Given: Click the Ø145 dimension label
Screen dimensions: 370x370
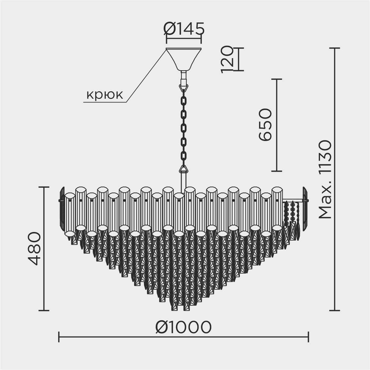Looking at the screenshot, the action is pos(184,29).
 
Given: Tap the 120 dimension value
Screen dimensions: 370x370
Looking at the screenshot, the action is pos(227,59).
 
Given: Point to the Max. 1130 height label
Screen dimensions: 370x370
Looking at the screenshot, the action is pos(325,179).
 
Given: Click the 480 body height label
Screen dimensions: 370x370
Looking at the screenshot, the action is pos(34,249).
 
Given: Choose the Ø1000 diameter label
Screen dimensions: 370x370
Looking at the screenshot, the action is pos(183,327).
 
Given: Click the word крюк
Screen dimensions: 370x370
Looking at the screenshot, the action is pos(105,95).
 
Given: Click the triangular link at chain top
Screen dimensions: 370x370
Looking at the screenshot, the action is pos(184,88).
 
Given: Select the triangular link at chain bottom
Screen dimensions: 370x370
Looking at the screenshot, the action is pos(184,169).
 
